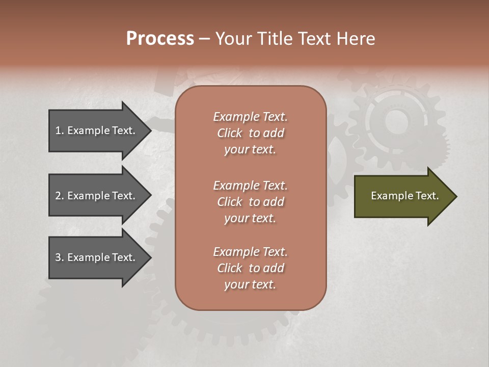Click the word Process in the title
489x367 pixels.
(160, 39)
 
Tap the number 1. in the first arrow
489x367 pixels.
(60, 130)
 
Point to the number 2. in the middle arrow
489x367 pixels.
(60, 196)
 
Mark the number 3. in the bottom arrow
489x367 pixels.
(60, 257)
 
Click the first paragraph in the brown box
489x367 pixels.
(250, 133)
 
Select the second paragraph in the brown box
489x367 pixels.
(250, 202)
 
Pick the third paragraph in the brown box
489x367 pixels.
(250, 268)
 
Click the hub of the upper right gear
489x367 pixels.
(396, 122)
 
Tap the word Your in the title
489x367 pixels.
(232, 39)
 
